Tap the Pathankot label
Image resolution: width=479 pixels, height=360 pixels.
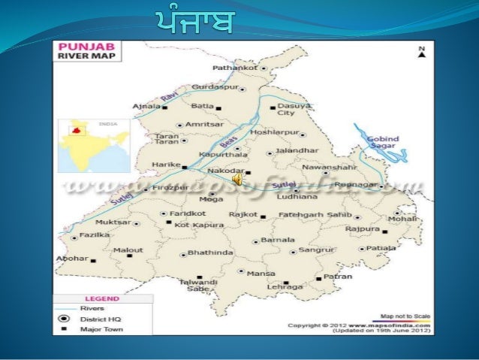(x=235, y=68)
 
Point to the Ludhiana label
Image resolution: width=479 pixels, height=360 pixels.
(x=296, y=196)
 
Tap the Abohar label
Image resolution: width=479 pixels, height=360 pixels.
(x=72, y=259)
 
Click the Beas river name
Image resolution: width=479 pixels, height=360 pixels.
(x=227, y=141)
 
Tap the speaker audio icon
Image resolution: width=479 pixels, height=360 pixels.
(x=237, y=180)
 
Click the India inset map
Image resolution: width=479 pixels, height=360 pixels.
(x=94, y=145)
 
